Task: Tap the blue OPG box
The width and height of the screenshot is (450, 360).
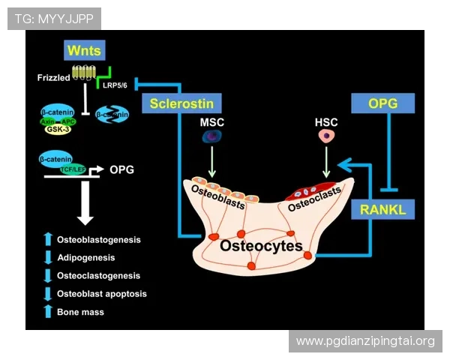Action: [382, 103]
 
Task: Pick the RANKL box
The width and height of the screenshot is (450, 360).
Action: [382, 211]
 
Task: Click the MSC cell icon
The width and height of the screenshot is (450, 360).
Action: [211, 136]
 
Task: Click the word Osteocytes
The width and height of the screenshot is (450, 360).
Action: [260, 246]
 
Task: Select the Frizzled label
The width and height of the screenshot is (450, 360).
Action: [52, 77]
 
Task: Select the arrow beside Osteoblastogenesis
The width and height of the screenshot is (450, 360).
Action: [48, 240]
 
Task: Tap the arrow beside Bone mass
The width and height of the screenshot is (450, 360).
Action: [48, 311]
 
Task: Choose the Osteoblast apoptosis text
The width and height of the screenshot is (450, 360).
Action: [102, 293]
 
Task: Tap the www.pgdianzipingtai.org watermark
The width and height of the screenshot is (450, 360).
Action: [365, 341]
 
